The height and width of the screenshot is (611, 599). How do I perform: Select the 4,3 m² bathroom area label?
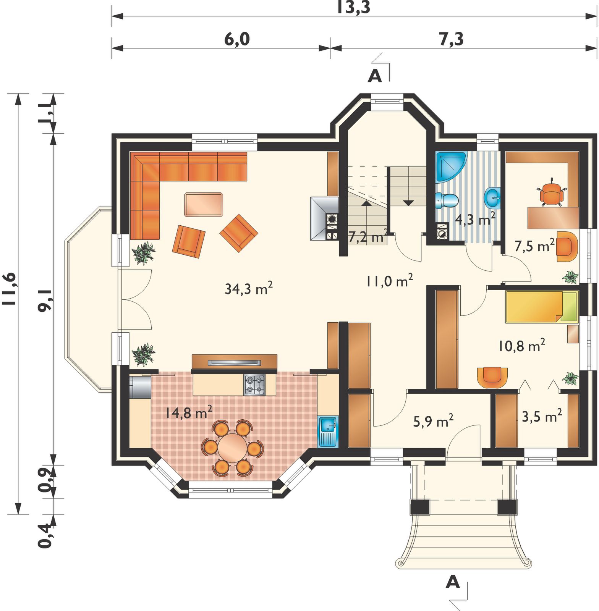click(x=475, y=220)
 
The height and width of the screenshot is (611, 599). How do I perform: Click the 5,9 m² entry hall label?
click(x=433, y=421)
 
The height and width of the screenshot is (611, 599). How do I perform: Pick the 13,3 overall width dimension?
click(x=353, y=7)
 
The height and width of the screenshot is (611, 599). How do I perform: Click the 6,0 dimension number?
click(x=237, y=39)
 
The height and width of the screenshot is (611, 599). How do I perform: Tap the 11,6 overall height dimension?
click(x=9, y=289)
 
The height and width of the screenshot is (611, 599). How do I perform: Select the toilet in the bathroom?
click(x=447, y=200)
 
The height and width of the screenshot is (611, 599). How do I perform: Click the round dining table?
click(x=233, y=448)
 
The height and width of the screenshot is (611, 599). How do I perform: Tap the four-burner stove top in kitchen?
click(x=254, y=385)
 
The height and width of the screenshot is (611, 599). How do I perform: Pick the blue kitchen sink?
click(x=328, y=431)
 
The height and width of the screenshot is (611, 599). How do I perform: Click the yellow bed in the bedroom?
click(x=542, y=307)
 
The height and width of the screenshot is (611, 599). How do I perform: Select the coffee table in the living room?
click(x=204, y=205)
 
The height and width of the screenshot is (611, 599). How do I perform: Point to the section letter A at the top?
click(x=375, y=76)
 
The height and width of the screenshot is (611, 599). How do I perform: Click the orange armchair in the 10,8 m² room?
click(x=493, y=377)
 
